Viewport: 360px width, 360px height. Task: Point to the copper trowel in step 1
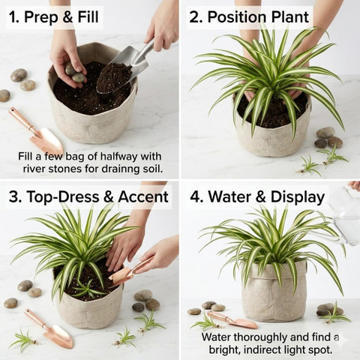click(35, 130)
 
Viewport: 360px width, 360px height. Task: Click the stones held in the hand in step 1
click(75, 73)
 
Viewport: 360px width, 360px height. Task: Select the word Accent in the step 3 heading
click(143, 197)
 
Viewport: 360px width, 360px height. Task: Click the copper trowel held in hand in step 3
click(130, 272)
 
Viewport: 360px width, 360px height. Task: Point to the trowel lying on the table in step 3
click(49, 328)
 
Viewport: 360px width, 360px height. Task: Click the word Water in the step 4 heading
click(232, 196)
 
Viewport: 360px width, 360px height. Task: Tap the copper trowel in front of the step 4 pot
click(232, 320)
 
